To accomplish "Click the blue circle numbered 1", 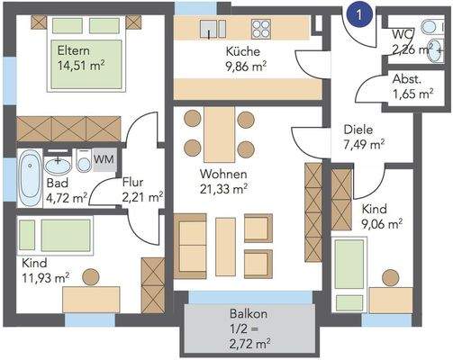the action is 359,15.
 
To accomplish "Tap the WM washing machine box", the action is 104,159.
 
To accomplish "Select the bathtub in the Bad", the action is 30,178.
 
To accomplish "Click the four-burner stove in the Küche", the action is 261,29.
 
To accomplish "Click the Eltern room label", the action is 74,50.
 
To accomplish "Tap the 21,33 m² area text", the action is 223,189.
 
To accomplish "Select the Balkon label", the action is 249,314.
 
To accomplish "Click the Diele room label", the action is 358,130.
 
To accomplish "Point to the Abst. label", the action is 407,79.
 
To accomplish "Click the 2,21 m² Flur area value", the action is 142,197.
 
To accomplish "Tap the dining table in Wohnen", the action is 220,135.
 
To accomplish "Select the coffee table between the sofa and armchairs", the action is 225,247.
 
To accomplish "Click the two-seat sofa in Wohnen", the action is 190,247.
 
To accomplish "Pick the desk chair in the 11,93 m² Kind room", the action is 91,277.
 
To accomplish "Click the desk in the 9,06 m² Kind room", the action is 391,301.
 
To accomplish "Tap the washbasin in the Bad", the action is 58,165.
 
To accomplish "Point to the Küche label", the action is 243,51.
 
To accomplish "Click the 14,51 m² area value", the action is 81,66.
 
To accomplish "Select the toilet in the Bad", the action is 84,161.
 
